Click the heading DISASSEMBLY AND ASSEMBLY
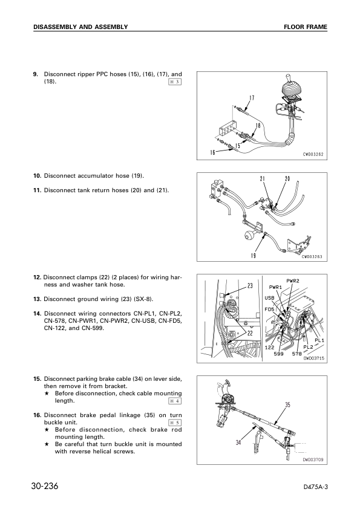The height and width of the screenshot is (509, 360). [80, 27]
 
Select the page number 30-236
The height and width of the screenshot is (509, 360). [50, 487]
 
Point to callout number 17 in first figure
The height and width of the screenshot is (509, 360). [251, 98]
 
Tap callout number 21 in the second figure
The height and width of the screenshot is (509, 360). [263, 179]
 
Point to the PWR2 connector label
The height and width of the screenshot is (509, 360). [293, 280]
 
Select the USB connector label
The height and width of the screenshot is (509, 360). [269, 297]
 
